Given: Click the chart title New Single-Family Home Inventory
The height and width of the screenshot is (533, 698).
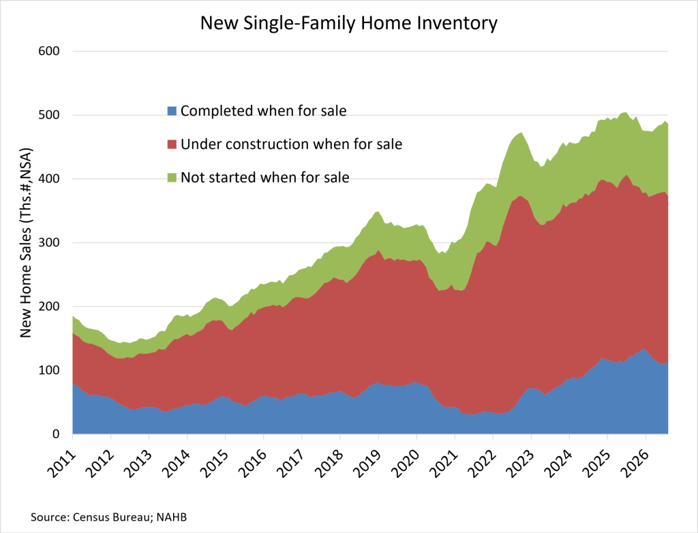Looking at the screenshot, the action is [x=348, y=24].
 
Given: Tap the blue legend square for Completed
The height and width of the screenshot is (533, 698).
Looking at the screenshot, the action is [x=172, y=111].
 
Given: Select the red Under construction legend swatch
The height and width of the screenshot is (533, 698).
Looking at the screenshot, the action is [x=172, y=144].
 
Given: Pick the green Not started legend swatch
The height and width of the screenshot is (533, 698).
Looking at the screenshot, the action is [x=172, y=178].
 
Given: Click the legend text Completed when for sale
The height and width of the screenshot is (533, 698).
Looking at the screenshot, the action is [x=264, y=111].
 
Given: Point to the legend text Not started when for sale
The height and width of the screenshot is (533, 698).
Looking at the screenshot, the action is [x=265, y=178].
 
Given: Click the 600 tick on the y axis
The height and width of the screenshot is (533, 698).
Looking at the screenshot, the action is [x=49, y=51].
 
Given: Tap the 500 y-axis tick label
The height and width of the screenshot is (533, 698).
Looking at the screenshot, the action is [x=49, y=115].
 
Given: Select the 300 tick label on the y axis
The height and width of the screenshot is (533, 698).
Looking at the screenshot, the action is [x=49, y=243].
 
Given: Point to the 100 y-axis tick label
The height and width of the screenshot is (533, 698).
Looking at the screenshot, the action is [x=49, y=370].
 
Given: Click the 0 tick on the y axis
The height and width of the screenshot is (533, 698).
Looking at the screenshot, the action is [x=56, y=434].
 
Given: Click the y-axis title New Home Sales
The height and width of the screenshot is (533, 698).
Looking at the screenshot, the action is [x=27, y=243].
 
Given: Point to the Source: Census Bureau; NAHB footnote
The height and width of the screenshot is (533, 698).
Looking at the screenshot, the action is [x=108, y=517].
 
